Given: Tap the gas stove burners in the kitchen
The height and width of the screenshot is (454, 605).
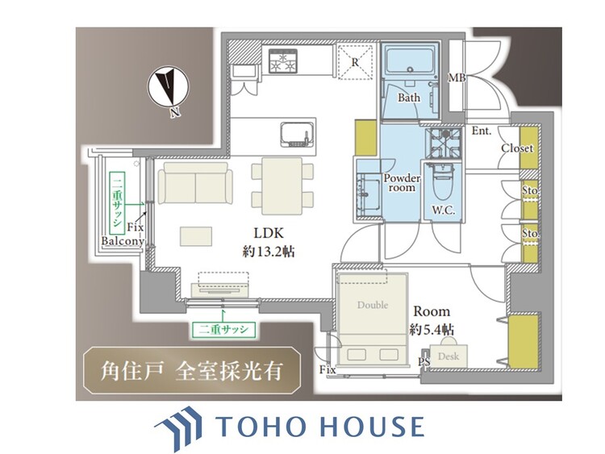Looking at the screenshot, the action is pos(283,60).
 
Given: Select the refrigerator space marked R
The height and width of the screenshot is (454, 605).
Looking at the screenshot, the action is pos(355,62).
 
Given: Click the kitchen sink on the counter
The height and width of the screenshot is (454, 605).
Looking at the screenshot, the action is pos(296,135).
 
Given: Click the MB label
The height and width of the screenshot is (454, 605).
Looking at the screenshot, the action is pos(457,78).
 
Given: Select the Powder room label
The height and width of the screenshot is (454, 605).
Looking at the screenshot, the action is pos(402,183).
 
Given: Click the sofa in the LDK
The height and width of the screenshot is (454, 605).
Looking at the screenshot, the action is pos(195,182).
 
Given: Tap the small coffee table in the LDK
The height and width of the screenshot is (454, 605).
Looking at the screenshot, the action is pos(196,236).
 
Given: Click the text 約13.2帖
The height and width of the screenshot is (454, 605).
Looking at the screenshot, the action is pos(268,252).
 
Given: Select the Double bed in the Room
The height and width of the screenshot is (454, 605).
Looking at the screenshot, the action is pos(373,318).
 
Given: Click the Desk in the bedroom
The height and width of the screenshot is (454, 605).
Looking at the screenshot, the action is pos(448,354).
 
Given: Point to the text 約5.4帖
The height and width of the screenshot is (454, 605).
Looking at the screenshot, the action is pos(432,330).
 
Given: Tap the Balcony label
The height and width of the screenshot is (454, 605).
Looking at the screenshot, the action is pos(123,241).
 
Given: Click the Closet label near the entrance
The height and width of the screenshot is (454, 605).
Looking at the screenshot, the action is pos(517,148).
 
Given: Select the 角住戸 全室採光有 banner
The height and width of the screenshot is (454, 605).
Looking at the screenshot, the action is pos(192,371).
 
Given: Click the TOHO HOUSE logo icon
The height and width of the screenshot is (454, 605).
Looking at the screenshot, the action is pos(178,427).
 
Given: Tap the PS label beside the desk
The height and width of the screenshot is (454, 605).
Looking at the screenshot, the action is pos(424,362).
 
